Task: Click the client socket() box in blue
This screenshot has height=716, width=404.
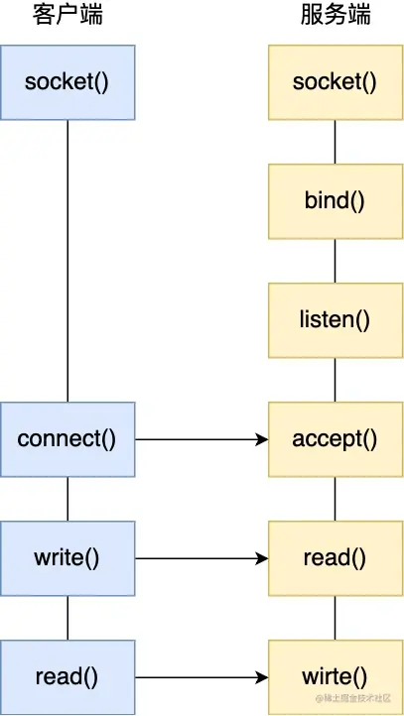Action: (x=67, y=81)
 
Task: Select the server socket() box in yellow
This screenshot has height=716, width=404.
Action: (x=335, y=81)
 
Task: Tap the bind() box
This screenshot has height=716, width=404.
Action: (x=335, y=200)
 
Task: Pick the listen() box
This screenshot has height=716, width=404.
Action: (x=335, y=319)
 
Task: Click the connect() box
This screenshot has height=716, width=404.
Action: (x=67, y=438)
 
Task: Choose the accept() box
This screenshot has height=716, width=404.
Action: (x=335, y=438)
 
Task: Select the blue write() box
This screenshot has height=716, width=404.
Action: (x=67, y=557)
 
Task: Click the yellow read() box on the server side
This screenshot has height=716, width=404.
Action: (x=335, y=557)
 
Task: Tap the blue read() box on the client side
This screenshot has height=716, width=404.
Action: (x=67, y=677)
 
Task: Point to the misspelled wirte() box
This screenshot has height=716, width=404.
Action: (x=335, y=677)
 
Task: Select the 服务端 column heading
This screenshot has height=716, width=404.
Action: (x=335, y=17)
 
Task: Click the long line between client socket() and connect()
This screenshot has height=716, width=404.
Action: (x=67, y=260)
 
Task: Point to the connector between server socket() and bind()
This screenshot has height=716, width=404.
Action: (x=335, y=141)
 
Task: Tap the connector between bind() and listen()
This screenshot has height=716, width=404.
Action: (x=335, y=260)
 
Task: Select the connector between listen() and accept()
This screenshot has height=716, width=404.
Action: (x=335, y=379)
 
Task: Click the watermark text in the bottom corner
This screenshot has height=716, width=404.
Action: (x=358, y=701)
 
